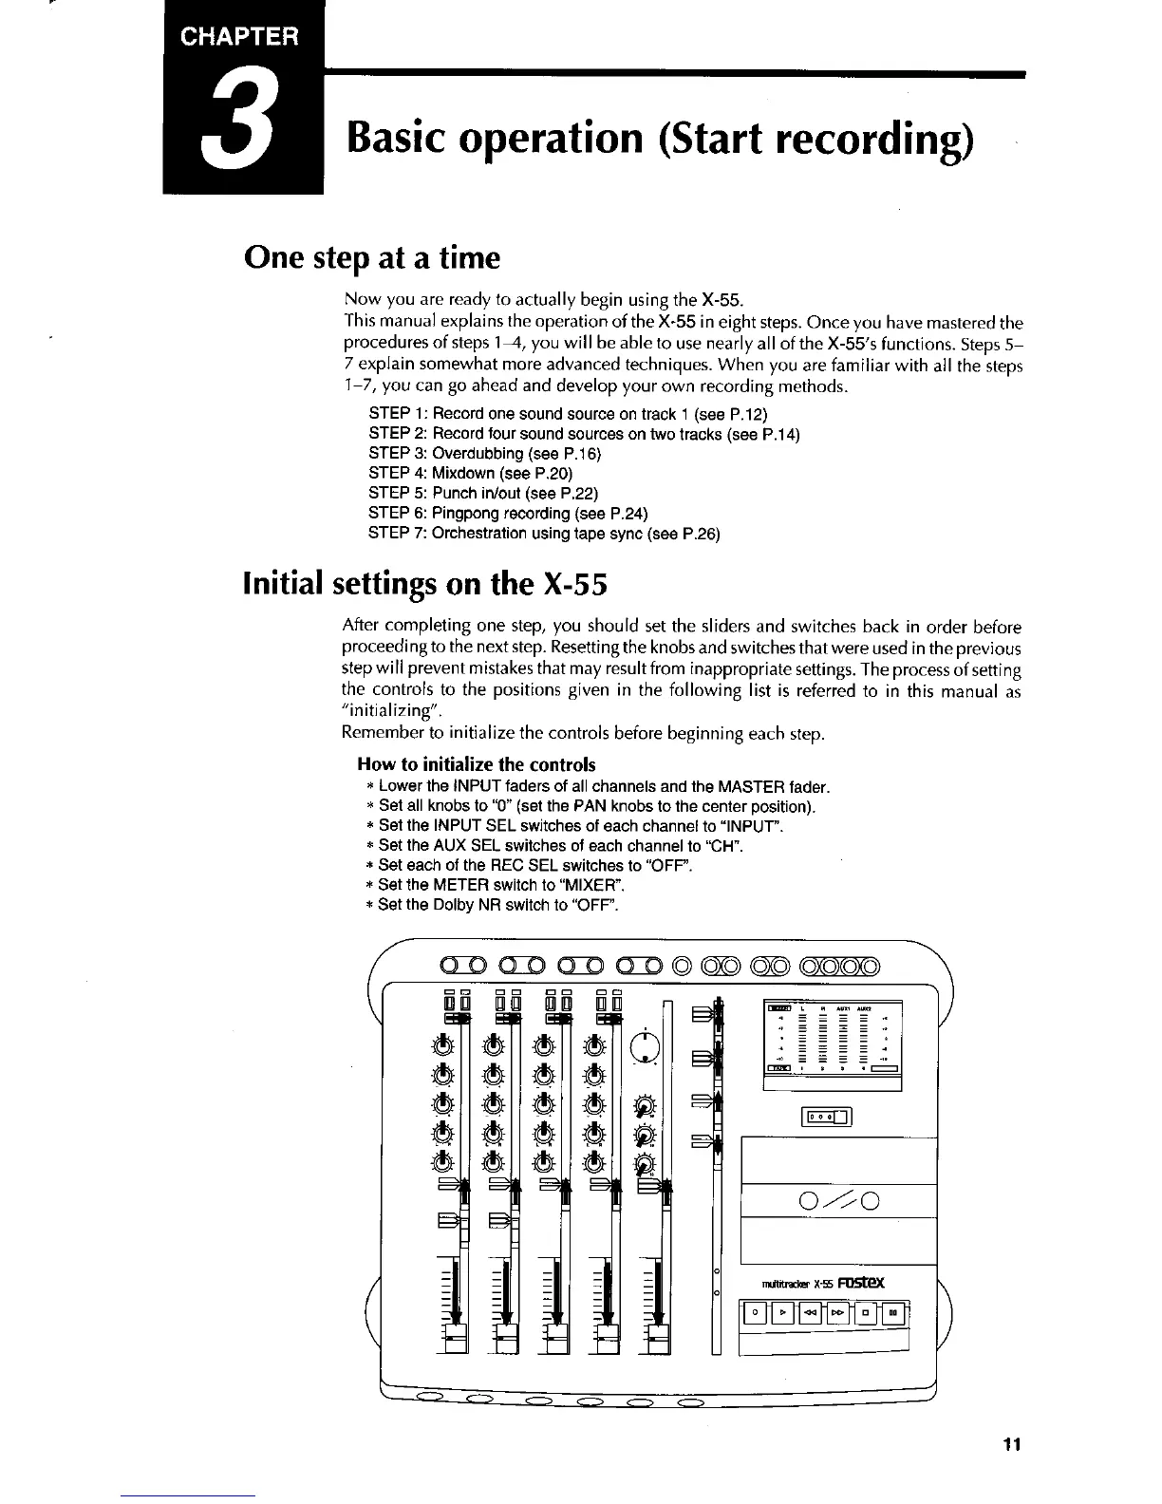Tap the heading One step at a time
point(371,257)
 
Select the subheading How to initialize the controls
point(477,764)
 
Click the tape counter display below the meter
point(828,1118)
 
